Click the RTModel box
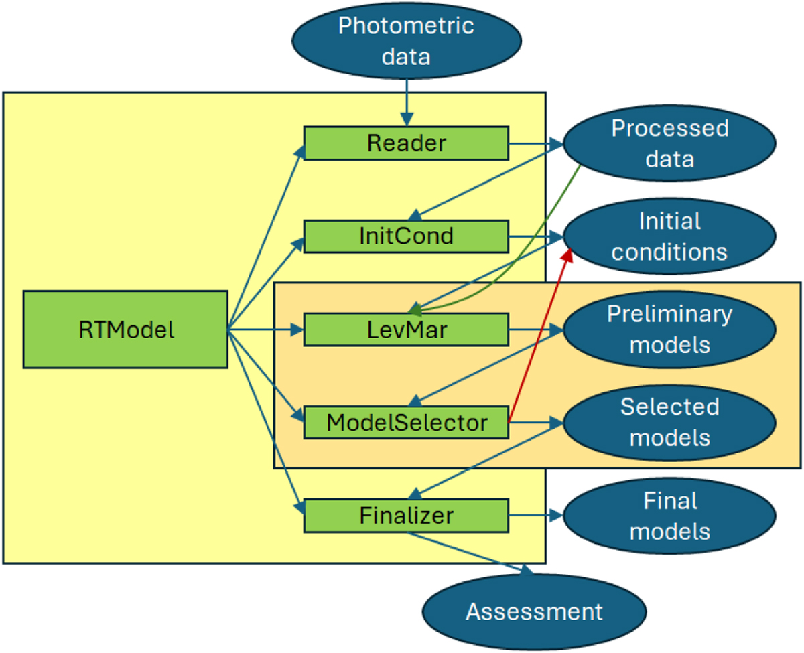pyautogui.click(x=125, y=329)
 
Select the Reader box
pyautogui.click(x=406, y=143)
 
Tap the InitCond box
pyautogui.click(x=406, y=236)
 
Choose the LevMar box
pyautogui.click(x=406, y=329)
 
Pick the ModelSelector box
pyautogui.click(x=406, y=423)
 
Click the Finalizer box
pyautogui.click(x=406, y=516)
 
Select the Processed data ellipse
pyautogui.click(x=669, y=143)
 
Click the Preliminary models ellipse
pyautogui.click(x=669, y=329)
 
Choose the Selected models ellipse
pyautogui.click(x=669, y=422)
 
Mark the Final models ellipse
pyautogui.click(x=669, y=516)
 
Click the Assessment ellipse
pyautogui.click(x=534, y=611)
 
